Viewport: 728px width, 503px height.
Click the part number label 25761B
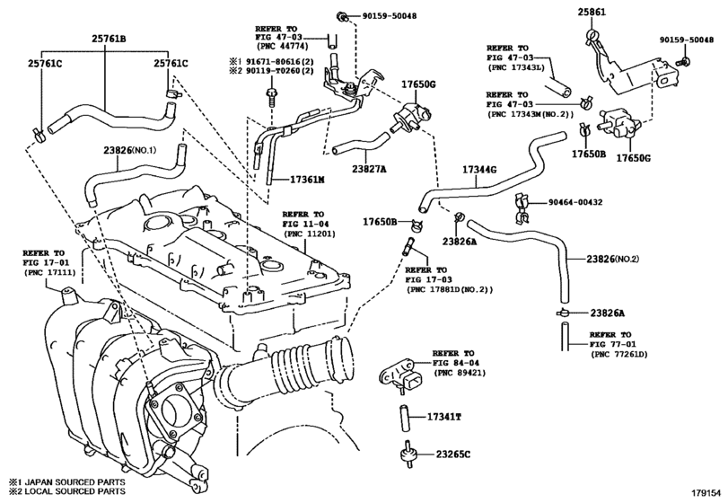[109, 39]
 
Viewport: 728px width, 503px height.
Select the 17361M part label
[307, 180]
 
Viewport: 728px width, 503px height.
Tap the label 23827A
[369, 169]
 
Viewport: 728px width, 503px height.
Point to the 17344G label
[479, 170]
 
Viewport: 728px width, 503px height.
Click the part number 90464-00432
[575, 202]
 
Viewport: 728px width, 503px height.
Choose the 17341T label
[444, 417]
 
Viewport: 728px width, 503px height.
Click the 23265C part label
[452, 454]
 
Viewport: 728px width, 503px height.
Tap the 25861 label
[592, 13]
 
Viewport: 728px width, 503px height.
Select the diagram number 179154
[706, 492]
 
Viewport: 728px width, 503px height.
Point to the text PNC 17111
[49, 272]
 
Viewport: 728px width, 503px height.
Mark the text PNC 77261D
[618, 354]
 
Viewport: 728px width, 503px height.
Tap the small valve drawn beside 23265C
[408, 453]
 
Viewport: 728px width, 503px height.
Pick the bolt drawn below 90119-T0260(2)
[271, 98]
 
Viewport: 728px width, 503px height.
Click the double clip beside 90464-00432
[522, 208]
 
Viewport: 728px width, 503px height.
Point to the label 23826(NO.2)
[612, 259]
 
